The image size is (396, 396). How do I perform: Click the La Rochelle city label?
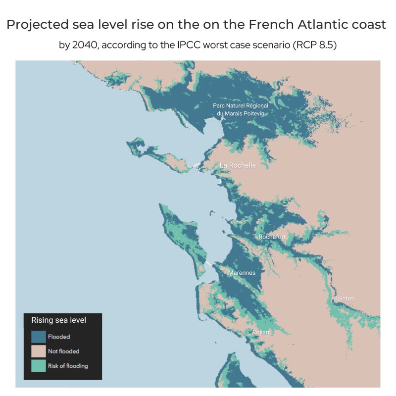click(x=238, y=165)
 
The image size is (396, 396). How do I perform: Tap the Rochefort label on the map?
click(x=272, y=237)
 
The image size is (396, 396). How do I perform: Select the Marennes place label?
click(x=242, y=273)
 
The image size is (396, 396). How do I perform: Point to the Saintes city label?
click(x=344, y=298)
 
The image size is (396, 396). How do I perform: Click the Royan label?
click(x=260, y=332)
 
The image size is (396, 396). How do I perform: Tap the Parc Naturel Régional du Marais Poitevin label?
click(x=240, y=109)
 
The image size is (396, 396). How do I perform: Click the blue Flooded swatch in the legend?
click(x=39, y=337)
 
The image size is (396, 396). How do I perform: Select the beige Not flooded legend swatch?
click(x=39, y=351)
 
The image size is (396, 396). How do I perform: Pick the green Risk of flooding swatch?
click(x=39, y=366)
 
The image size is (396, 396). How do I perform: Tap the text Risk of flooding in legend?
click(x=68, y=366)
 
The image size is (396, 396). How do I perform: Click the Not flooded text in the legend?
click(x=63, y=351)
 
